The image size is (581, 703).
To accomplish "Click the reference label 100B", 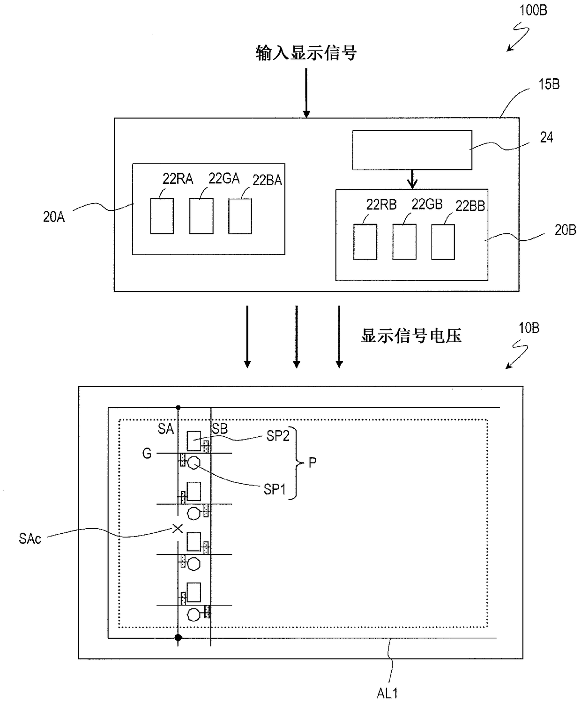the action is click(x=533, y=10).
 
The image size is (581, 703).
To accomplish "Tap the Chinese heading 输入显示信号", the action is click(x=306, y=53).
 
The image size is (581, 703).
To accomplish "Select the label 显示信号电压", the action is click(x=411, y=336).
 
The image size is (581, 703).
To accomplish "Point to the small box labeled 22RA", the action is click(x=162, y=216).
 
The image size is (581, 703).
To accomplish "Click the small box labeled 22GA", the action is click(x=201, y=216).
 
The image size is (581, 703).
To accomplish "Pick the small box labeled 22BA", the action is click(x=240, y=216).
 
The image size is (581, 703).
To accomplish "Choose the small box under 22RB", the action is click(x=365, y=242).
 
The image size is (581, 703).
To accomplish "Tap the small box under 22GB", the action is click(x=404, y=242).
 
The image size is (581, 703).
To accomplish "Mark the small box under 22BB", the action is click(x=443, y=242).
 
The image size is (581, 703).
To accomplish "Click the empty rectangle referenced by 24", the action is click(x=412, y=150).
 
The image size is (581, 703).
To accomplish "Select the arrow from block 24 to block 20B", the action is click(x=412, y=179).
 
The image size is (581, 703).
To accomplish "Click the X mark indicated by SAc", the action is click(x=178, y=528).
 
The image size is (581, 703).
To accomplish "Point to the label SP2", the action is click(x=278, y=436).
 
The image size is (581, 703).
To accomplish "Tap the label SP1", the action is click(x=275, y=489).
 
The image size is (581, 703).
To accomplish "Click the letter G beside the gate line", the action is click(x=147, y=454).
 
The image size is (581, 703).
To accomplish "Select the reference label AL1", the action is click(x=387, y=693).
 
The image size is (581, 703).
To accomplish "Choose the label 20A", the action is click(x=54, y=217).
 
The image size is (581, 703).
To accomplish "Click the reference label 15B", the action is click(x=549, y=84).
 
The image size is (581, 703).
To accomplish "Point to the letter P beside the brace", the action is click(x=313, y=463).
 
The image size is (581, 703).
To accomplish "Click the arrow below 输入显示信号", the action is click(x=306, y=93).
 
